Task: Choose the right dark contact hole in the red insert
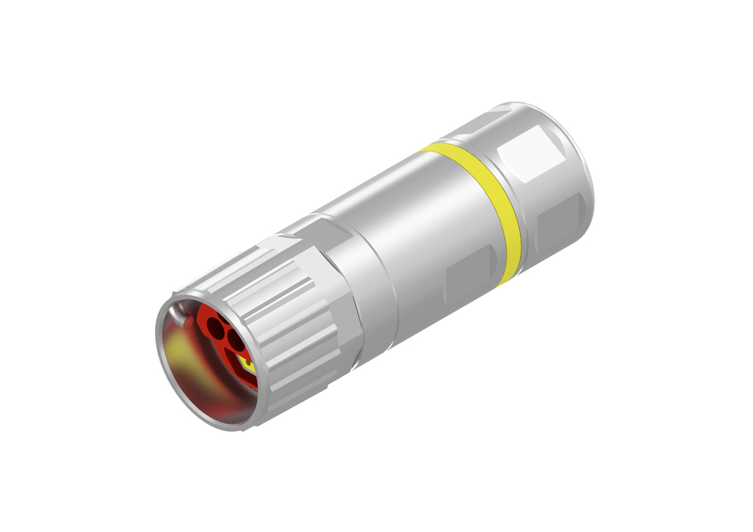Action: [235, 338]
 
